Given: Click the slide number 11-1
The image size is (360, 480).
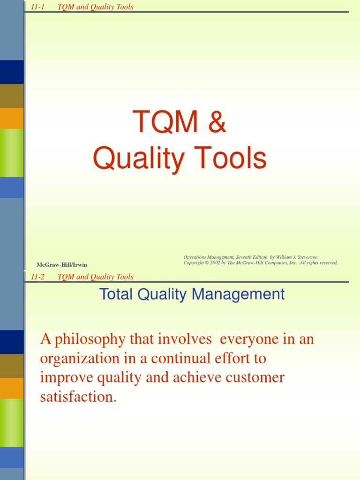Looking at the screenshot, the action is [x=37, y=7].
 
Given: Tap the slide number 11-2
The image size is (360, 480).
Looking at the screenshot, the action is [x=37, y=277].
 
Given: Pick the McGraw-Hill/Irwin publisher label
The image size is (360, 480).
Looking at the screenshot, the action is [x=62, y=265].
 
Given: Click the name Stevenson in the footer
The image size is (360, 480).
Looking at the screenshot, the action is [x=307, y=257].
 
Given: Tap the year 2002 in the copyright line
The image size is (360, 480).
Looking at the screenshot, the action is [x=215, y=262].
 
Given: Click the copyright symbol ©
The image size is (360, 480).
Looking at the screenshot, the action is [x=206, y=262].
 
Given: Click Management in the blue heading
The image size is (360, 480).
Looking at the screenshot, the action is [x=238, y=295].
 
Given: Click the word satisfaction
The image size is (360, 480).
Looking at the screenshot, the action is [x=78, y=397].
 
